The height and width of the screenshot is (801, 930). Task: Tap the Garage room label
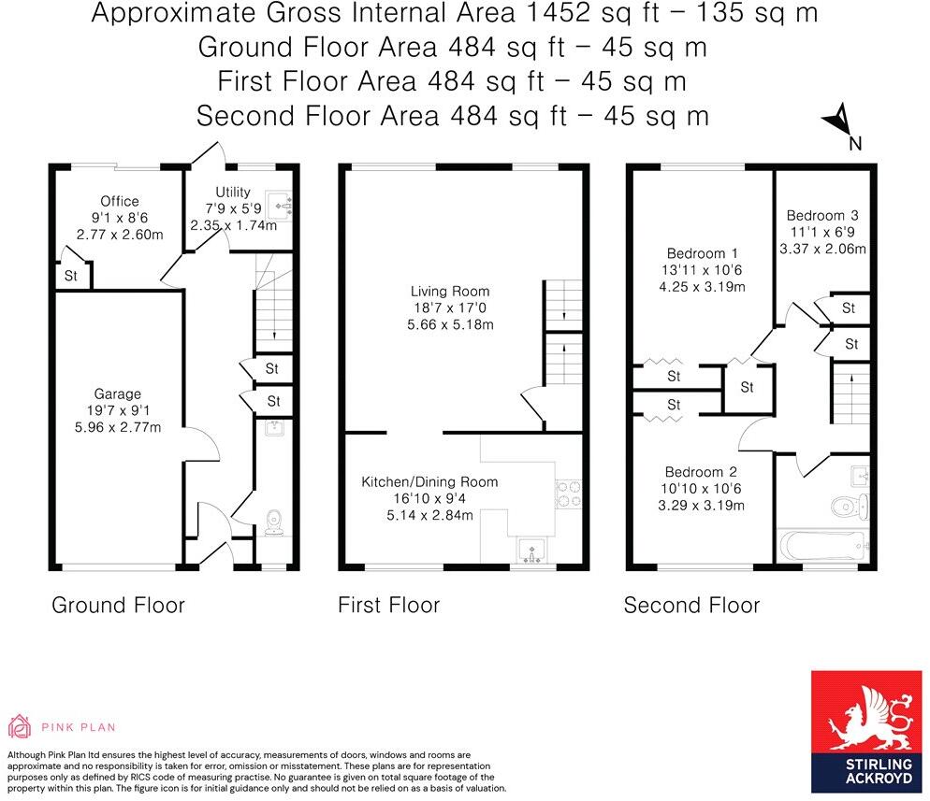tap(117, 393)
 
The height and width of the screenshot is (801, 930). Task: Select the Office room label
tap(119, 201)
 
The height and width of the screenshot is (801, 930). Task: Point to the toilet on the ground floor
tap(274, 522)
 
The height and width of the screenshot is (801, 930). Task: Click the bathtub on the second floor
tap(822, 545)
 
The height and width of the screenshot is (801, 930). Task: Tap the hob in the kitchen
tap(569, 493)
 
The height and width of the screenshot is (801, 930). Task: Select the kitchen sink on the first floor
tap(531, 551)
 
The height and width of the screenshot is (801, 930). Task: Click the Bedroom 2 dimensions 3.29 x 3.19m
tap(701, 506)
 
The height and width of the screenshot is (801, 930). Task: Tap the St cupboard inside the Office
tap(71, 276)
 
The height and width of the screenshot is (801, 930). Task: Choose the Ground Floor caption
tap(118, 605)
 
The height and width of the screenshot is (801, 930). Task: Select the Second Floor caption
tap(691, 605)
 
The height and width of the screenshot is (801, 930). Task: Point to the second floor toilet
tap(851, 506)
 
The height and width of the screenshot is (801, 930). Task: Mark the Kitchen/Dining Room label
tap(429, 482)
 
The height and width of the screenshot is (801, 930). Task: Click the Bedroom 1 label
tap(702, 253)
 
